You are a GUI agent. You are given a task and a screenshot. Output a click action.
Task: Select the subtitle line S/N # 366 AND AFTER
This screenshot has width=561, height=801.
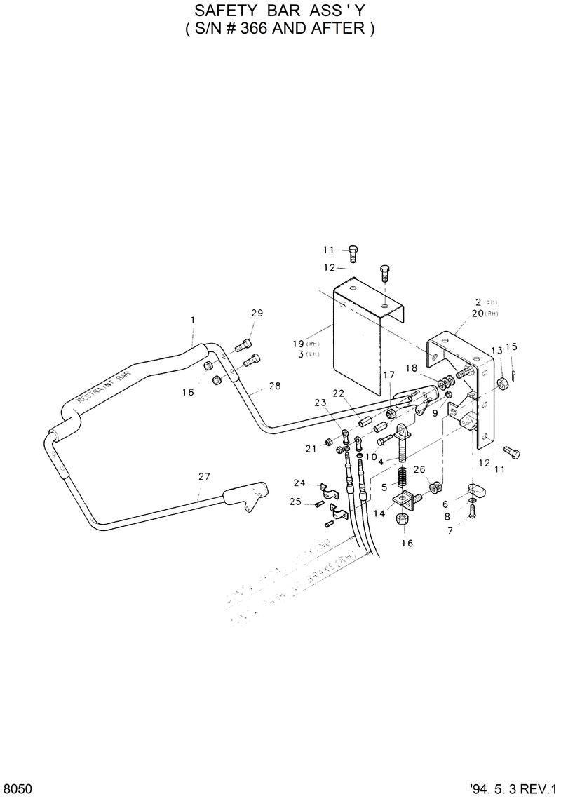coord(280,29)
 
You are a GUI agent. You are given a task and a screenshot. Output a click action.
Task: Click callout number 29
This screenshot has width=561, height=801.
coord(257,313)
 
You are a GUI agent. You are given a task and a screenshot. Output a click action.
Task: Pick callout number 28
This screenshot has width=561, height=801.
coord(275,386)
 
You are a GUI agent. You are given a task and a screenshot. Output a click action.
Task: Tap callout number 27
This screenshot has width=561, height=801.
coord(204,477)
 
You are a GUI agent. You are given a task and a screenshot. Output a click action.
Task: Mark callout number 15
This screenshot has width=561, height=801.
coord(511,346)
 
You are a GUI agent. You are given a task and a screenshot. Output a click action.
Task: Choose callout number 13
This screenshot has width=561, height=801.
coord(496,350)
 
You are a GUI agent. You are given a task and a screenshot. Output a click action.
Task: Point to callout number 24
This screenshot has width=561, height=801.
coord(299,483)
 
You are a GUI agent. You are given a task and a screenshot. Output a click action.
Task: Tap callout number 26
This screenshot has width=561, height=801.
coord(419,469)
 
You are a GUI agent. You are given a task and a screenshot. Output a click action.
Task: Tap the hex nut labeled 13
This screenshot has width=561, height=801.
coord(502,383)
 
